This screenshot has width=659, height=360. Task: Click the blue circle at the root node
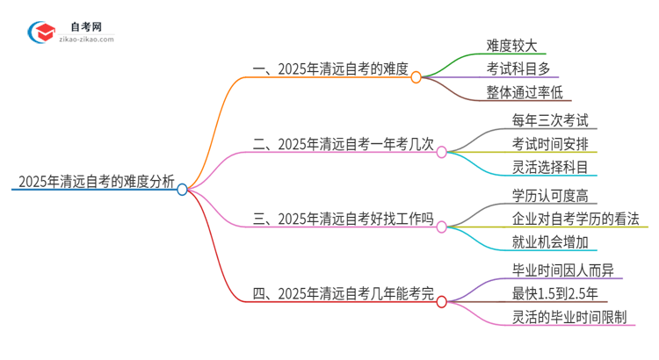(x=183, y=189)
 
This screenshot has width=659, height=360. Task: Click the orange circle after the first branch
(x=416, y=77)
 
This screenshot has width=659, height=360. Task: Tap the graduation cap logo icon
(x=42, y=32)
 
